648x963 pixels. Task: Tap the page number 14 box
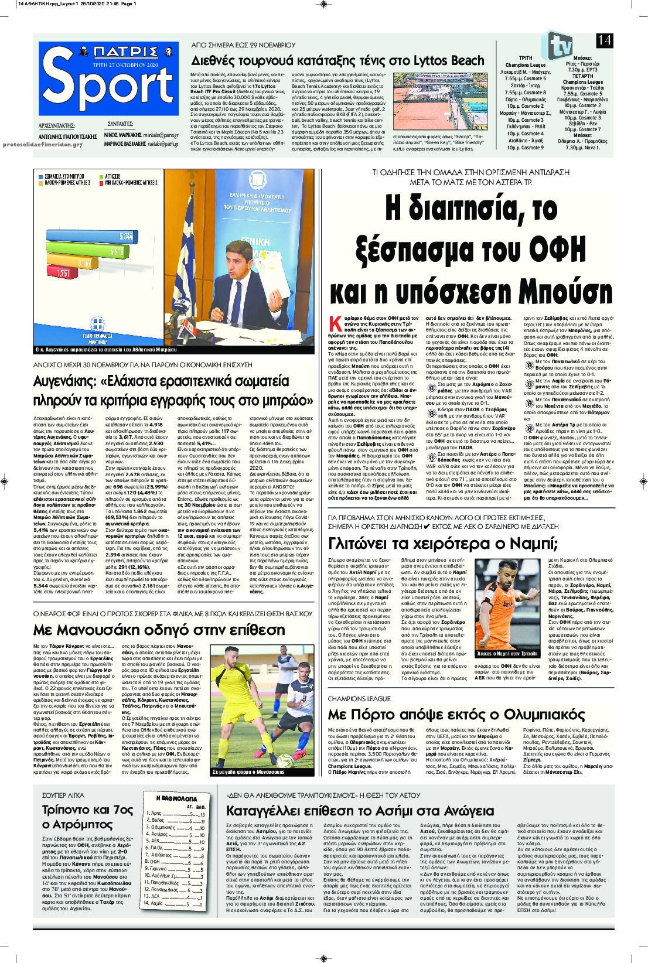[605, 40]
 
